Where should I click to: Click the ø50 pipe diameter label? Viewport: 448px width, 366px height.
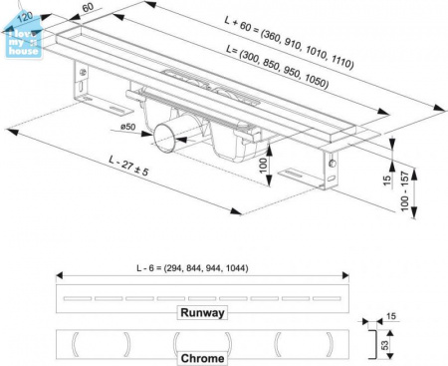[x=128, y=127]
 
